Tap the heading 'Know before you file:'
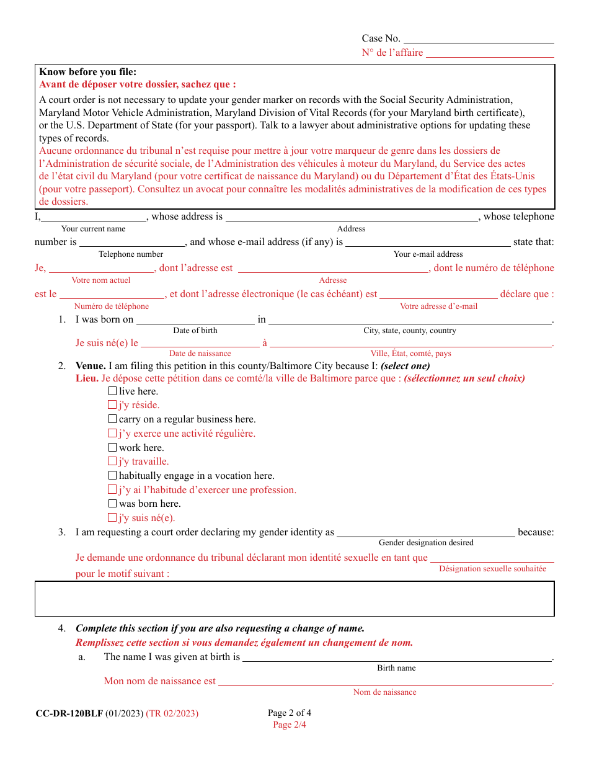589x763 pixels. point(87,72)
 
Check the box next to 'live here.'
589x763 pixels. point(112,391)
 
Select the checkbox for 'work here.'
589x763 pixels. point(112,447)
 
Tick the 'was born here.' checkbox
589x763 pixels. point(112,503)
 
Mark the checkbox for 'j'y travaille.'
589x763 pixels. point(112,462)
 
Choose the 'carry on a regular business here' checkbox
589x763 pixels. point(112,419)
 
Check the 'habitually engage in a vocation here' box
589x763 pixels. point(112,475)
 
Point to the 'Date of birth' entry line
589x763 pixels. point(195,321)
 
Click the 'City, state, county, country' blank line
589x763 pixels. point(410,321)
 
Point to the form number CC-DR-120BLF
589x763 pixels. point(69,713)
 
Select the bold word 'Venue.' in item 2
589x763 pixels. point(91,366)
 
